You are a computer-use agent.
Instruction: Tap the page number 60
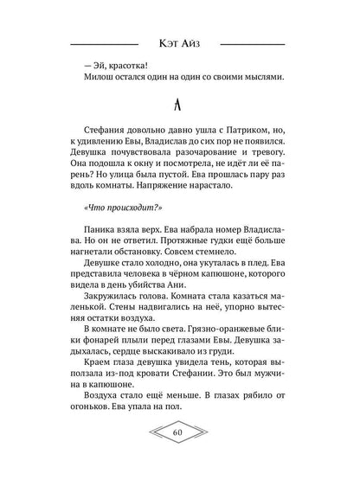click(179, 456)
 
